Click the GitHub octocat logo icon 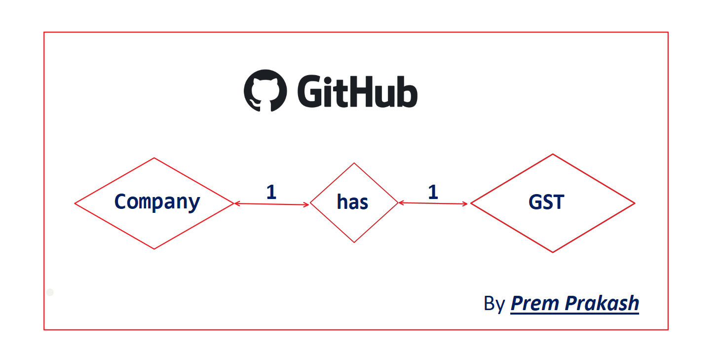pyautogui.click(x=266, y=91)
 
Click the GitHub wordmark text pyautogui.click(x=357, y=91)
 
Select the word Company pyautogui.click(x=157, y=202)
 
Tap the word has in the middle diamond pyautogui.click(x=352, y=202)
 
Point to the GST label pyautogui.click(x=546, y=202)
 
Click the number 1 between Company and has pyautogui.click(x=271, y=192)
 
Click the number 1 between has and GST pyautogui.click(x=433, y=192)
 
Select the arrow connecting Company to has pyautogui.click(x=271, y=204)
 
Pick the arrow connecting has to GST pyautogui.click(x=433, y=203)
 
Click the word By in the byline pyautogui.click(x=494, y=304)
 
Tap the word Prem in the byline pyautogui.click(x=535, y=303)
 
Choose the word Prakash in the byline pyautogui.click(x=602, y=303)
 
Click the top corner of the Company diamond pyautogui.click(x=154, y=158)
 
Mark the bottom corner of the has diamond pyautogui.click(x=354, y=242)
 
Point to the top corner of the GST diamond pyautogui.click(x=553, y=154)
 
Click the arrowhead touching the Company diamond pyautogui.click(x=237, y=203)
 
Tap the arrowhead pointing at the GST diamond pyautogui.click(x=465, y=203)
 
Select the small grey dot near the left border pyautogui.click(x=50, y=292)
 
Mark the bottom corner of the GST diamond pyautogui.click(x=553, y=252)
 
